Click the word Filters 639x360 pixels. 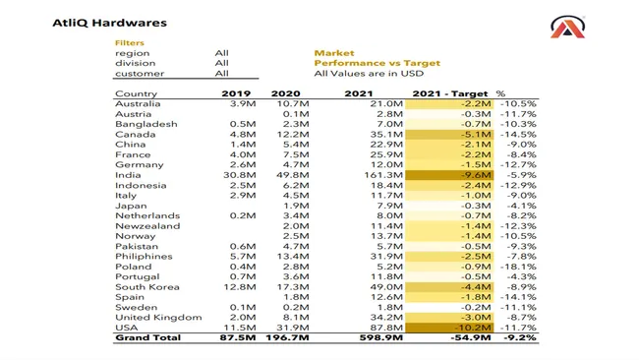click(130, 43)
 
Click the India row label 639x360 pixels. click(128, 175)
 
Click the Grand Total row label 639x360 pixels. click(148, 338)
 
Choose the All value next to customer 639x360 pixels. click(221, 74)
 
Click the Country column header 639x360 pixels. click(136, 93)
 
